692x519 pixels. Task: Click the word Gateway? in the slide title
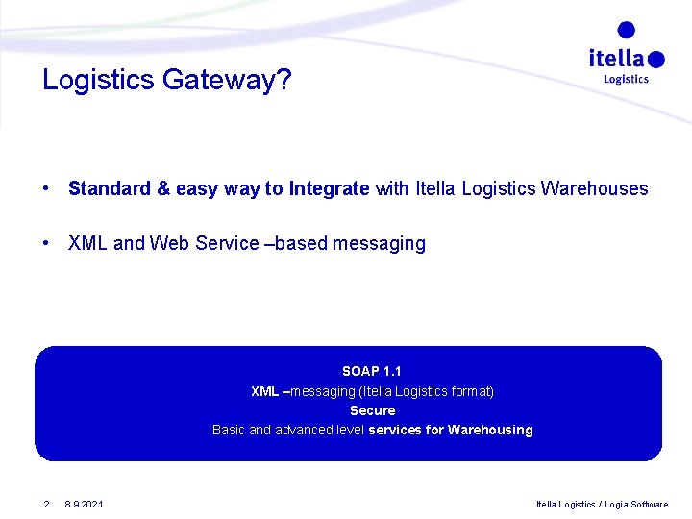(x=227, y=80)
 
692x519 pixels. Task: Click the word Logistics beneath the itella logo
(x=626, y=80)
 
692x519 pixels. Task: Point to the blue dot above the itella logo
(x=627, y=30)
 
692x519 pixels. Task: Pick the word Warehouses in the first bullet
(x=594, y=188)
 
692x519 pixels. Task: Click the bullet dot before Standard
(x=46, y=188)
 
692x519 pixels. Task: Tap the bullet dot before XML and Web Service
(x=46, y=243)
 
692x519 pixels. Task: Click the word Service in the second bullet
(x=227, y=243)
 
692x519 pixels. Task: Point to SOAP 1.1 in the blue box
(x=372, y=371)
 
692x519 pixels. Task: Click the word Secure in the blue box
(x=372, y=410)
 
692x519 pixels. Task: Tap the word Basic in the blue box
(x=229, y=430)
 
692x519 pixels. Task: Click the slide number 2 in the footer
(x=45, y=504)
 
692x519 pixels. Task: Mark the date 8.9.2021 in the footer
(x=85, y=504)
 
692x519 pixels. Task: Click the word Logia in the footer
(x=614, y=504)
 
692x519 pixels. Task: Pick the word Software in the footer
(x=650, y=504)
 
